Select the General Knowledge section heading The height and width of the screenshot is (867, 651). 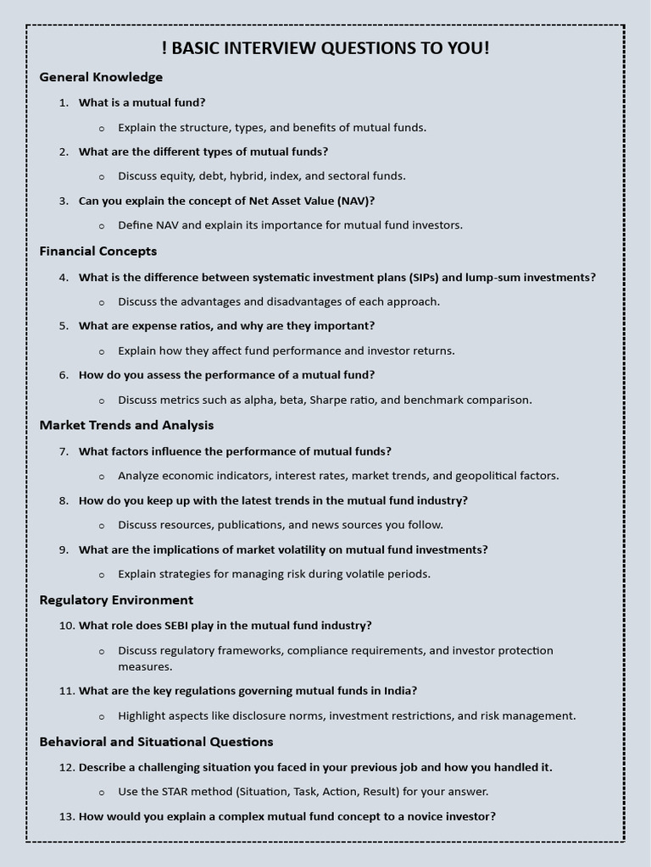coord(101,77)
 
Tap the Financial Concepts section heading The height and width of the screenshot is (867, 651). coord(98,251)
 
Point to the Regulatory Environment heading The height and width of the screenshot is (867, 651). coord(116,600)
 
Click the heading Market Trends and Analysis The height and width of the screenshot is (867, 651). coord(126,425)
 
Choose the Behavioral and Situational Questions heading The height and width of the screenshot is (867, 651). coord(156,742)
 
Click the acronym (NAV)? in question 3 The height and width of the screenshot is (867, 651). coord(356,201)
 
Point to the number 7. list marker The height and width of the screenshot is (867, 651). coord(64,451)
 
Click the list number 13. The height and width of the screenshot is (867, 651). coord(67,817)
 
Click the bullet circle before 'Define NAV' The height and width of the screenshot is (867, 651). coord(102,226)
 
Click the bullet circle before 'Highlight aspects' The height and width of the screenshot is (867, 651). coord(102,716)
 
